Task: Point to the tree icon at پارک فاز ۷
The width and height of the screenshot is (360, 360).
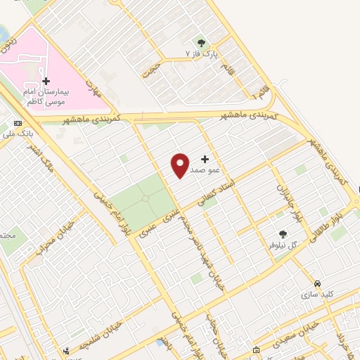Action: click(202, 43)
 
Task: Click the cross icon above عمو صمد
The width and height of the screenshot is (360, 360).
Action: click(205, 160)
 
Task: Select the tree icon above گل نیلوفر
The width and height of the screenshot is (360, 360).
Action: click(283, 234)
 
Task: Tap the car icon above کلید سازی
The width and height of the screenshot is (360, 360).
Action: click(319, 282)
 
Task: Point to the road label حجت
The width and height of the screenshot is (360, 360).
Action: click(150, 68)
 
